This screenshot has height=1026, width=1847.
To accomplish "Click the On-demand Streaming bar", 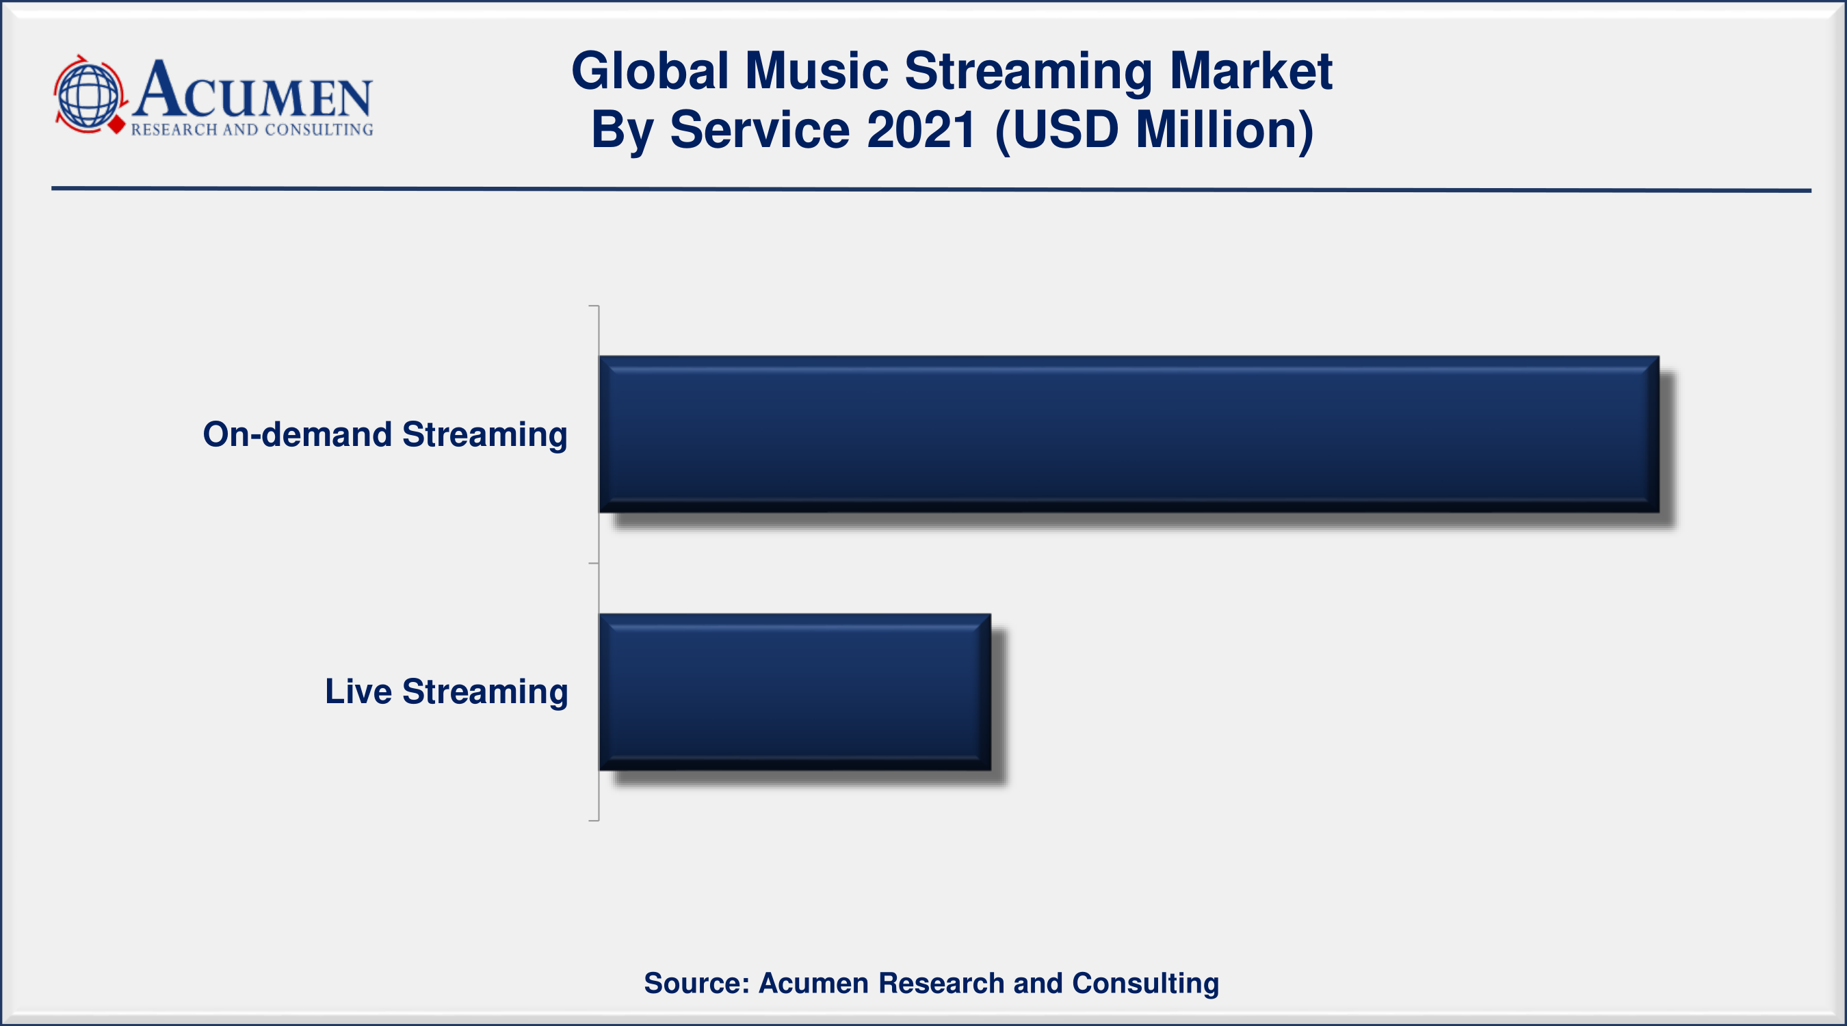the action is click(1129, 434).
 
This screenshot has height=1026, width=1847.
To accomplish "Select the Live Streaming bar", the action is click(795, 692).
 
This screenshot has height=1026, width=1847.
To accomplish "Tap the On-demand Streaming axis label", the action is click(385, 435).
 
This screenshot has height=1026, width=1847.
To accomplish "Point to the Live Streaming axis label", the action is click(446, 693).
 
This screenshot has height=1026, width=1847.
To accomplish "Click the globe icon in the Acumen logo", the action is click(89, 95).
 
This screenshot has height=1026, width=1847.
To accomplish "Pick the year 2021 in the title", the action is click(921, 130).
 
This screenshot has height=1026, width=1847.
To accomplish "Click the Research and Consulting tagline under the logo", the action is click(252, 130).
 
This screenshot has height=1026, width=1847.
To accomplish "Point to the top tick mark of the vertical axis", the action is click(594, 306).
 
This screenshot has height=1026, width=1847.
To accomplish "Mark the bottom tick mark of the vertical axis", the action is click(594, 820).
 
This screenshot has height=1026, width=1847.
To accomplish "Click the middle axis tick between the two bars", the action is click(594, 564).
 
